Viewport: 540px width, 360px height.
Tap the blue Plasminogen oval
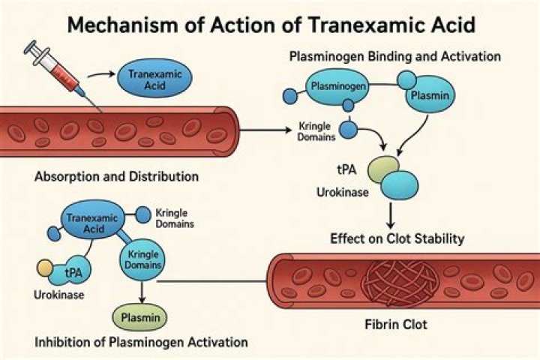pyautogui.click(x=338, y=88)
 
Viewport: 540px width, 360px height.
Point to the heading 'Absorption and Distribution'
pyautogui.click(x=116, y=177)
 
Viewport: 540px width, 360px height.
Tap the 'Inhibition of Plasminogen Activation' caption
pyautogui.click(x=141, y=343)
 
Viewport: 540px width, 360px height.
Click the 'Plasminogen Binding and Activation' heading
pyautogui.click(x=397, y=57)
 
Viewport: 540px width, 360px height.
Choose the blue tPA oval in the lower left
pyautogui.click(x=73, y=271)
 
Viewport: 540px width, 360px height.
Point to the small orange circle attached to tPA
pyautogui.click(x=46, y=266)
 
